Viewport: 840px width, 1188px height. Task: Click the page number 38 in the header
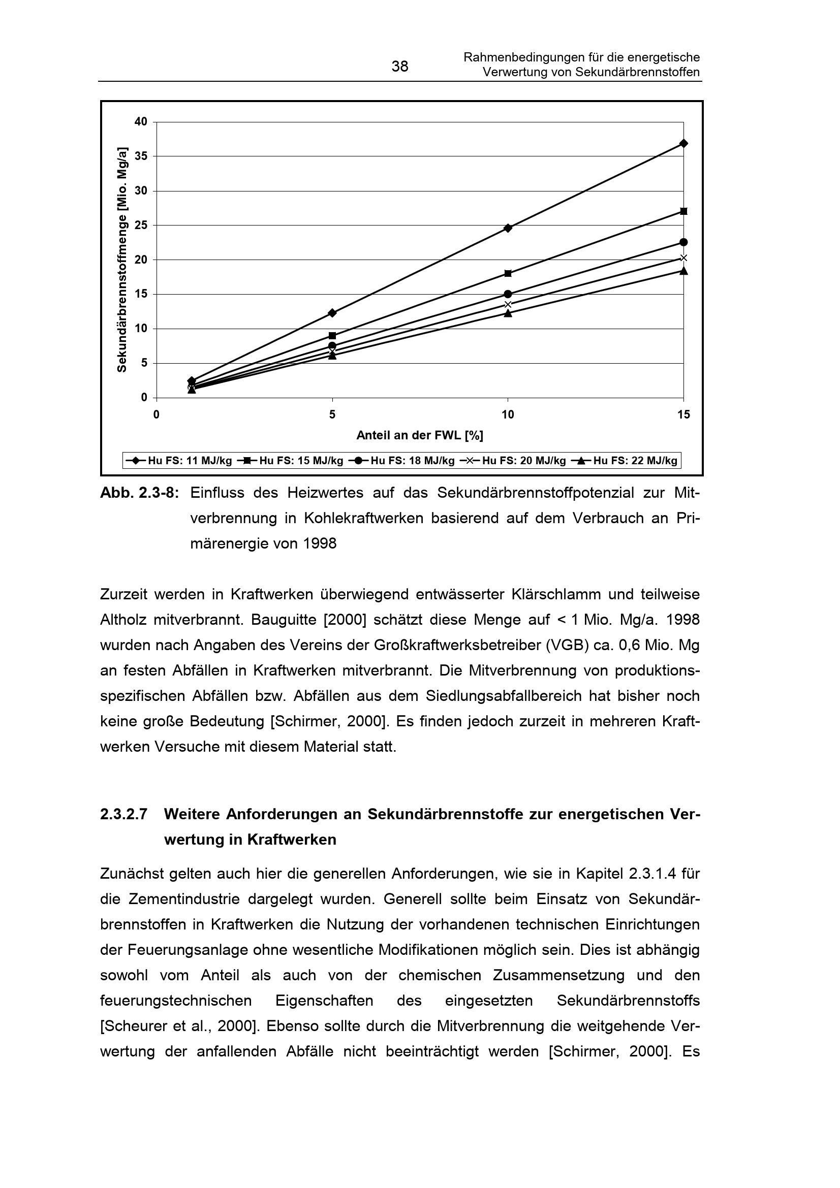[399, 66]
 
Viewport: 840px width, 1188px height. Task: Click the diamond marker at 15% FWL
[683, 143]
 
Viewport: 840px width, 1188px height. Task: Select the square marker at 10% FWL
[508, 273]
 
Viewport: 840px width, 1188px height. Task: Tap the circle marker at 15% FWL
[683, 242]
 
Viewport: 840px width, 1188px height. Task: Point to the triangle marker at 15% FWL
[683, 271]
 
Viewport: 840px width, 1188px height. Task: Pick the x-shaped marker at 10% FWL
[508, 304]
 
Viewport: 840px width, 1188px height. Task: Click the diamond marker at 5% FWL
[332, 312]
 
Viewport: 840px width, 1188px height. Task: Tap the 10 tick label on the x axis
[508, 414]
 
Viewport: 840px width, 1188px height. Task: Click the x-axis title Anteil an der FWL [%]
[419, 436]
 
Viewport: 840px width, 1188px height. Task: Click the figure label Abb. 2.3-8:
[139, 493]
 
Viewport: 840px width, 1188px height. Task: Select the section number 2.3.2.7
[123, 814]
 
